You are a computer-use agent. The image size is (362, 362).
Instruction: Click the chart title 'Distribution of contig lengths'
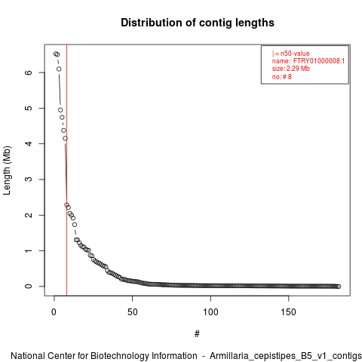198,23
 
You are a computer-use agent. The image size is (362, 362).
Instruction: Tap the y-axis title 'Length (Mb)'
7,170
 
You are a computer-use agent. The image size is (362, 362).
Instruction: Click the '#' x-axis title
197,333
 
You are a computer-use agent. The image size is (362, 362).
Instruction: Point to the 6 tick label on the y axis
29,72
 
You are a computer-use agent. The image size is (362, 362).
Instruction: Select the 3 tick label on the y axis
29,179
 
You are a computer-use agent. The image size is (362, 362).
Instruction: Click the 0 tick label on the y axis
29,287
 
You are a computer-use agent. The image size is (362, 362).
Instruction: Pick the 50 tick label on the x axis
133,312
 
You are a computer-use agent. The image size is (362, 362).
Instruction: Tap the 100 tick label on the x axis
210,312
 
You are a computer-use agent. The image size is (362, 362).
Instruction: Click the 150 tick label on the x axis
289,312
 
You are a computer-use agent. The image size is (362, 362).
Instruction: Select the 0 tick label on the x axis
54,312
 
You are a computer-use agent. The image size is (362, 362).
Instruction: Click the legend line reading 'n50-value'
291,54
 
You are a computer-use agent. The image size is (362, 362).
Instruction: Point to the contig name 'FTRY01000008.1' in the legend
319,61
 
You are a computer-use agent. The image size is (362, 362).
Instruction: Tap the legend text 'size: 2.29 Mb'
291,69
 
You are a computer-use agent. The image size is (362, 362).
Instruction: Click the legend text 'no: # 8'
282,77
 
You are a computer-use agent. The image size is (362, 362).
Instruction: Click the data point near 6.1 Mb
59,69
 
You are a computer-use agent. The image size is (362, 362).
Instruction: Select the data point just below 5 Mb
60,110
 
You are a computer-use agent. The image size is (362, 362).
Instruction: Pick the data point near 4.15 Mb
65,138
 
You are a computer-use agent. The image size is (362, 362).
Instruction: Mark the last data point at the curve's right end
339,287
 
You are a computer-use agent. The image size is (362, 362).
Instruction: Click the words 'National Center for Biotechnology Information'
104,356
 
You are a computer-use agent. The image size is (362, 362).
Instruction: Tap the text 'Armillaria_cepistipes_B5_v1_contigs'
286,357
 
